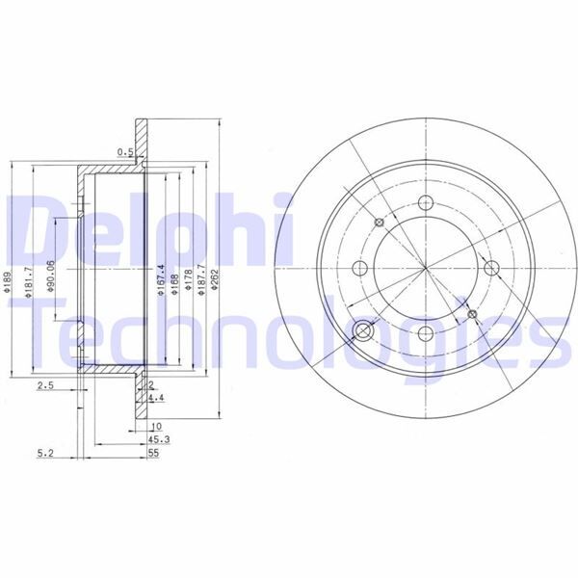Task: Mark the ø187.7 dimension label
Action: tap(200, 281)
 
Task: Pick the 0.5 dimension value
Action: tap(123, 151)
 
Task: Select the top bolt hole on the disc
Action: tap(425, 203)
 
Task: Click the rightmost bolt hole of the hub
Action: tap(489, 268)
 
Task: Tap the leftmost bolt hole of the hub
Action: tap(360, 268)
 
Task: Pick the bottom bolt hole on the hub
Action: tap(425, 332)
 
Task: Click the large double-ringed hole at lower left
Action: tap(364, 331)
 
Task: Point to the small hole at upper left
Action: tap(379, 223)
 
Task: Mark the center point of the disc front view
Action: tap(425, 268)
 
